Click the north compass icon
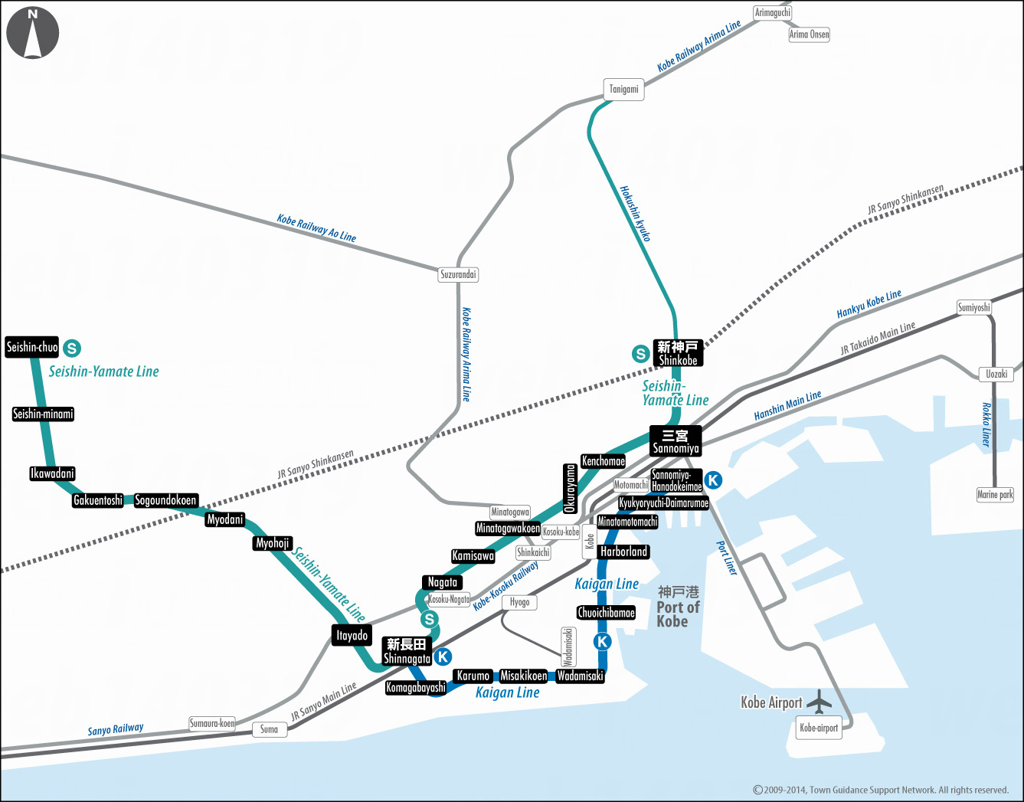(32, 33)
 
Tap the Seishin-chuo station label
(32, 347)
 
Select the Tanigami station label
(623, 90)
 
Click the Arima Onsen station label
(809, 34)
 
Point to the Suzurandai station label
(458, 274)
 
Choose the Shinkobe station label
(678, 353)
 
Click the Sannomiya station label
(675, 441)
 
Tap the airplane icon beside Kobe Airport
(820, 701)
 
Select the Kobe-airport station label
(819, 728)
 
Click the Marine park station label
(995, 495)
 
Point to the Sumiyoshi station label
(973, 308)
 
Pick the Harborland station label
(623, 552)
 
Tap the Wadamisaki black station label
(580, 676)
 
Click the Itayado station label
(352, 635)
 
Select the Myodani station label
(225, 519)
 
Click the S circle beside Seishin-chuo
(71, 349)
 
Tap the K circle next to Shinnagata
(443, 656)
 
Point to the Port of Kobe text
(678, 607)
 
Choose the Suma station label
(270, 729)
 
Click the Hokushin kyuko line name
(635, 214)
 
